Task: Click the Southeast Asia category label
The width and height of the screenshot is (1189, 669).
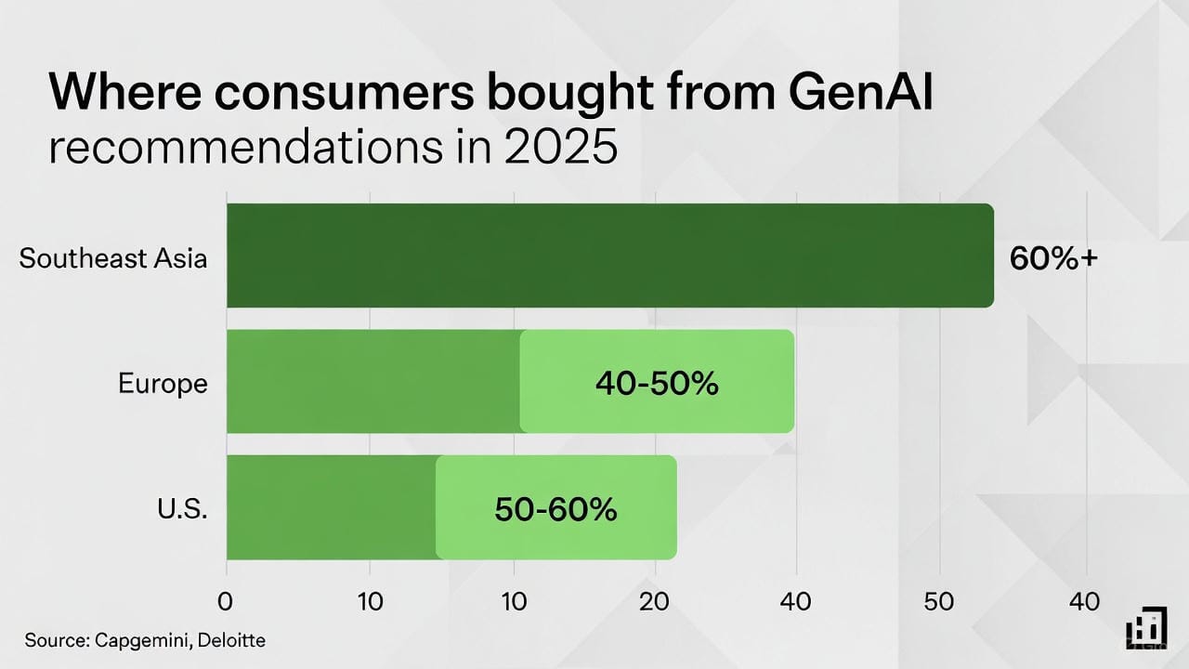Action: tap(112, 257)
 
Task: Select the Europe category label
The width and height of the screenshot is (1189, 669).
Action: tap(163, 383)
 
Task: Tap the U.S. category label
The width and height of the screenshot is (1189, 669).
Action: tap(183, 508)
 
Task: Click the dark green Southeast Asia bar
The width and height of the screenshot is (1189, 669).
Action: tap(609, 256)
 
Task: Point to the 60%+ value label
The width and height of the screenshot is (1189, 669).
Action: tap(1053, 258)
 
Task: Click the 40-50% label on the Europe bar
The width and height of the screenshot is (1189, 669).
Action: tap(657, 383)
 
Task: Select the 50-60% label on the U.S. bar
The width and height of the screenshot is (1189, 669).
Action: tap(555, 508)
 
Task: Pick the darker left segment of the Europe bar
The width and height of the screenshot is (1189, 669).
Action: tap(372, 381)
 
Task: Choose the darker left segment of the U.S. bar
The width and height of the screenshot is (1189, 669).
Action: tap(331, 507)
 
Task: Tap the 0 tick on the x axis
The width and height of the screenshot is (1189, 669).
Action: tap(226, 601)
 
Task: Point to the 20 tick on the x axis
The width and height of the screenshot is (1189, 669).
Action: tap(655, 601)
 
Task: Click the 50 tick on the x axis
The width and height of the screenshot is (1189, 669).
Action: tap(940, 601)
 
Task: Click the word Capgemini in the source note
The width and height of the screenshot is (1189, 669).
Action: tap(137, 640)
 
